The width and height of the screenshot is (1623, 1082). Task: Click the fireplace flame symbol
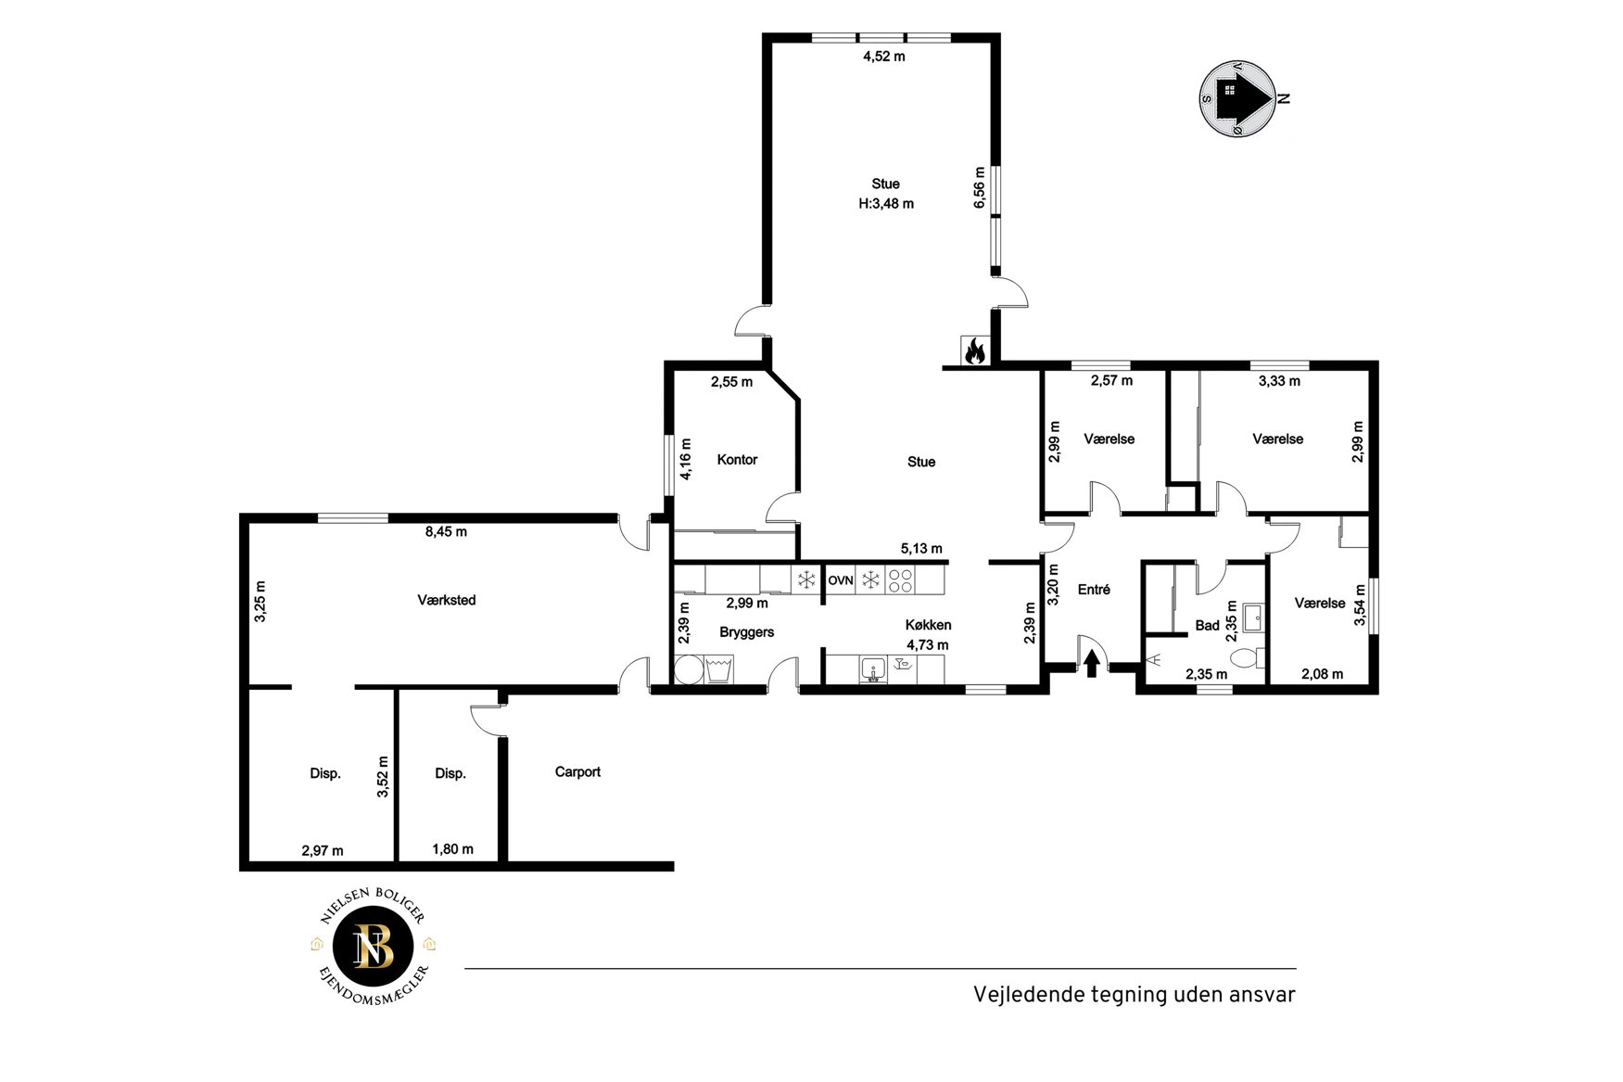[974, 350]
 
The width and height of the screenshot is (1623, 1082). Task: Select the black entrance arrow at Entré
[1092, 663]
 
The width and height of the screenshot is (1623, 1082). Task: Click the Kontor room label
[737, 460]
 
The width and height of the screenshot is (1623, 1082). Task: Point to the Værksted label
[447, 601]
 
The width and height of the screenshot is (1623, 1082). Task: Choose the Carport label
[577, 772]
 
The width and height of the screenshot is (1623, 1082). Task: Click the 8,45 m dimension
[446, 532]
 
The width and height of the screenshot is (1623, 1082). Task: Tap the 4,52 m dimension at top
[884, 57]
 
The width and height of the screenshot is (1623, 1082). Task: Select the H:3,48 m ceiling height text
[886, 204]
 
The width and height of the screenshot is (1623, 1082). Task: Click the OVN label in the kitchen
[841, 580]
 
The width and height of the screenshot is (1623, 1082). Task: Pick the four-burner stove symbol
[900, 581]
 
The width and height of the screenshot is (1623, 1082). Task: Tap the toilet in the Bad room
[1247, 658]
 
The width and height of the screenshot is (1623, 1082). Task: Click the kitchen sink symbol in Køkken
[873, 669]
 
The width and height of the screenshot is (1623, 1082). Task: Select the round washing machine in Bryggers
[689, 670]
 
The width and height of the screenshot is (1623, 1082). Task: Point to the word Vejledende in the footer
[1018, 995]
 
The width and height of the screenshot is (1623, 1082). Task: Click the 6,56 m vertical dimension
[980, 188]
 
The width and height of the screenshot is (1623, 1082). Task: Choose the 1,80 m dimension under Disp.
[452, 849]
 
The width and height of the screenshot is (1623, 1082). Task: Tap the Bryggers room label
[746, 633]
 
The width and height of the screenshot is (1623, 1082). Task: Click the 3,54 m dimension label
[1360, 605]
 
